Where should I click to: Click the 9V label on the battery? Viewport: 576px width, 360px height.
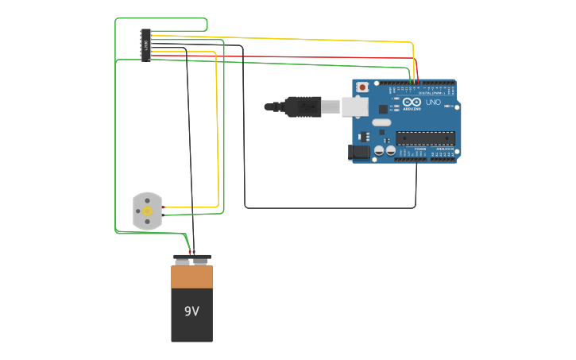tap(191, 312)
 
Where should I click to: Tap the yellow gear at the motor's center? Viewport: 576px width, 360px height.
tap(147, 211)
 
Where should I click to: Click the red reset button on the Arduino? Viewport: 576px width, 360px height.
tap(362, 87)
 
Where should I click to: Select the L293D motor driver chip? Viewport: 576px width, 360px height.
tap(145, 45)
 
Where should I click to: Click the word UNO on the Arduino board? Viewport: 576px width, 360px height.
tap(433, 102)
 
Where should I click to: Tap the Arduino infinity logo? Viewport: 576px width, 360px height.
tap(412, 102)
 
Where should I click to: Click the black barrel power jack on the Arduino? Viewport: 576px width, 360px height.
tap(359, 151)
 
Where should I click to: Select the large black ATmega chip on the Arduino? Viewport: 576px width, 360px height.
tap(425, 138)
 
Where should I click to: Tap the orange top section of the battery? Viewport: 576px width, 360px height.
tap(191, 277)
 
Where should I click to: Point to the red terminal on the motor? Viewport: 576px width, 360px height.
tap(163, 207)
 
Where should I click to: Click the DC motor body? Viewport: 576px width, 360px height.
tap(147, 211)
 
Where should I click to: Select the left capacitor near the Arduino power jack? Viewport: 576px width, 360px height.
tap(379, 149)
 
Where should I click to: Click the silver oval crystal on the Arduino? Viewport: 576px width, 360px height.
tap(381, 122)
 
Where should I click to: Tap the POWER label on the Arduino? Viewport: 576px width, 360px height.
tap(419, 149)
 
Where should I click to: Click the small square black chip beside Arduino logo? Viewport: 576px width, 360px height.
tap(383, 109)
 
